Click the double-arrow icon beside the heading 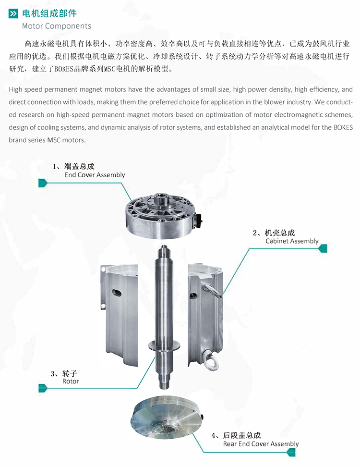pos(13,14)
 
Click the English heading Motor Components pos(57,26)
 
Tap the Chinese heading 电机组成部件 pos(49,13)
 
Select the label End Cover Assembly pos(95,175)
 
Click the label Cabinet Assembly pos(292,241)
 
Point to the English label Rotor pos(71,381)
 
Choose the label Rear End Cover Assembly pos(261,444)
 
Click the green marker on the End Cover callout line pos(43,183)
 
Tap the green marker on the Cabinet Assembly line pos(323,248)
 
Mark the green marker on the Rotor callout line pos(43,388)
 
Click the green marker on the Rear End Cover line pos(291,452)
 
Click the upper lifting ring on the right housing pos(212,290)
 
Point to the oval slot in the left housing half pos(116,293)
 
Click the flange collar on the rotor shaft pos(164,345)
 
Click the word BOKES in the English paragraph pos(343,127)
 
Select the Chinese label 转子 pos(70,373)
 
